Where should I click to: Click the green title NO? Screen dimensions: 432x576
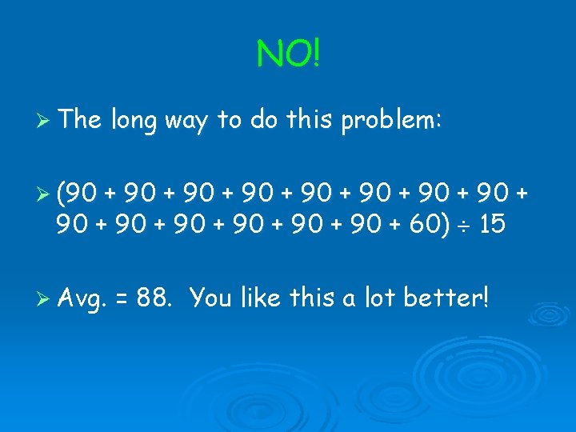coord(288,54)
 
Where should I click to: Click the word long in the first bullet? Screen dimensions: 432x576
coord(134,121)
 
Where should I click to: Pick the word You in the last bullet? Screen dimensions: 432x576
coord(211,298)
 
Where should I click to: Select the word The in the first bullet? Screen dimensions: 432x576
coord(78,121)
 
